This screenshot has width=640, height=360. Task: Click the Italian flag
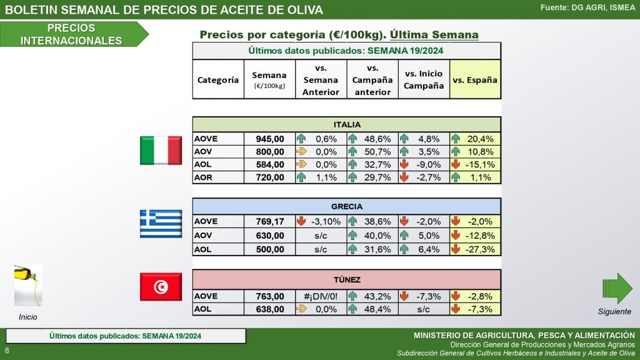click(x=160, y=151)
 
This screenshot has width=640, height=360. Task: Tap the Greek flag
click(x=160, y=223)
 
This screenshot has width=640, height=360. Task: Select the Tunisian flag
click(x=160, y=286)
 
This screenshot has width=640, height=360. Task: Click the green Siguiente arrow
click(x=617, y=288)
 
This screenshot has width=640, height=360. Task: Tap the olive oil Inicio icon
click(x=27, y=285)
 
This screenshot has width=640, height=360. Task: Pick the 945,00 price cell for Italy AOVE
click(x=269, y=139)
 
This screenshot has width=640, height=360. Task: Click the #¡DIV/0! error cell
click(x=321, y=296)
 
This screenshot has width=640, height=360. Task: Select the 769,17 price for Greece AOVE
click(x=269, y=221)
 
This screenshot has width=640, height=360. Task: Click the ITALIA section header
click(x=346, y=124)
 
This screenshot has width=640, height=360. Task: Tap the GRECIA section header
click(x=346, y=206)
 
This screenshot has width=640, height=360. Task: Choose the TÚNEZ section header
click(x=346, y=279)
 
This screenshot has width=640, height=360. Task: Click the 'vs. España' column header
click(x=475, y=80)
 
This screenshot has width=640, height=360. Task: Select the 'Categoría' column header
click(x=218, y=80)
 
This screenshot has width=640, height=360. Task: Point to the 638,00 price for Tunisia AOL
click(x=269, y=309)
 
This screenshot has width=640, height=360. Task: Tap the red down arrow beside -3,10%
click(x=301, y=221)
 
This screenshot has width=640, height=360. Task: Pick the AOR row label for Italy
click(x=203, y=177)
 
